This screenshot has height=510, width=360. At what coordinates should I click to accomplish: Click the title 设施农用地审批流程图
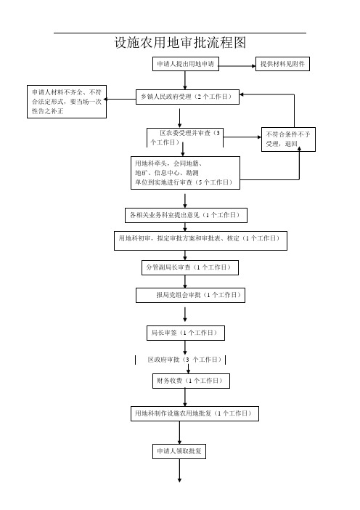[180, 43]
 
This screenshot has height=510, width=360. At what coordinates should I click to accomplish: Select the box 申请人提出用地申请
[186, 64]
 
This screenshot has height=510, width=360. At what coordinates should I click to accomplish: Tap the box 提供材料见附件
[282, 64]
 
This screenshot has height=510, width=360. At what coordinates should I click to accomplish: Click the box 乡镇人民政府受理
[187, 97]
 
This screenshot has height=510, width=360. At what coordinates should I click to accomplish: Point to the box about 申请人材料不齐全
[67, 102]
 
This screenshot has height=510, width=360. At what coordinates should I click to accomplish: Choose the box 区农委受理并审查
[185, 137]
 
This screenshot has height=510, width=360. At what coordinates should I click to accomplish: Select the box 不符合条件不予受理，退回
[288, 139]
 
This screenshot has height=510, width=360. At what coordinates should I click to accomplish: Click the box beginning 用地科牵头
[185, 173]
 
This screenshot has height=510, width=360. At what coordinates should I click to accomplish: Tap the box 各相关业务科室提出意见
[186, 215]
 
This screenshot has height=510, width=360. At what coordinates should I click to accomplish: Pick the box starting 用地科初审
[200, 240]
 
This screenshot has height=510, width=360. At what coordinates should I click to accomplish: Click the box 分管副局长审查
[189, 267]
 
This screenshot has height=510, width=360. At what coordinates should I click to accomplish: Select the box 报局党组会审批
[190, 296]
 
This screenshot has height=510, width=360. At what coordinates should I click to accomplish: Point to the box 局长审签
[186, 333]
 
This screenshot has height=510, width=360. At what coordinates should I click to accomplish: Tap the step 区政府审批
[180, 360]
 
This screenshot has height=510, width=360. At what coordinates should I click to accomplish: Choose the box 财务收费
[191, 381]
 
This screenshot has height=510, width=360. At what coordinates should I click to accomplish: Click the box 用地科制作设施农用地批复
[195, 413]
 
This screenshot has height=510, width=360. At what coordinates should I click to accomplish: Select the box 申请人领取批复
[179, 451]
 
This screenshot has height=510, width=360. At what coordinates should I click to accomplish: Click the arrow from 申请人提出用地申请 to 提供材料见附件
[237, 66]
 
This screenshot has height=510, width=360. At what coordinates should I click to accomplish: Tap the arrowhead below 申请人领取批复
[179, 479]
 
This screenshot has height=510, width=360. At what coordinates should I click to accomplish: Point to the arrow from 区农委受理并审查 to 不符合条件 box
[242, 137]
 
